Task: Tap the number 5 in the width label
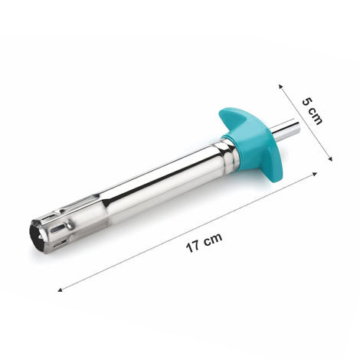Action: click(x=306, y=101)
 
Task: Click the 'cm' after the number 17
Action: click(x=213, y=237)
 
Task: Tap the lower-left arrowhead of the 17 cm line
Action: click(x=60, y=290)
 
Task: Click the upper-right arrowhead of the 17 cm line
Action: click(x=315, y=174)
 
